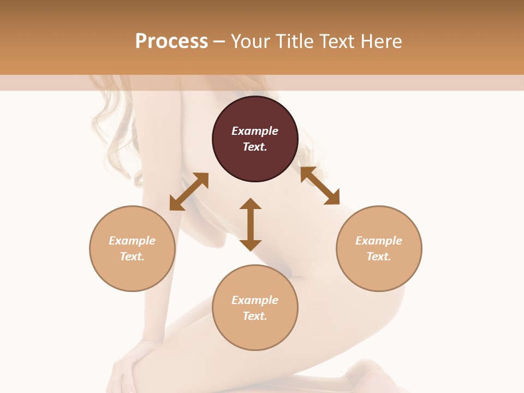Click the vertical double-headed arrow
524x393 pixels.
251,224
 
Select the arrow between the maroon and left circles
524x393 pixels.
189,192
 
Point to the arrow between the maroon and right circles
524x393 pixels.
320,186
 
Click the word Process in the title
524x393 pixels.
171,41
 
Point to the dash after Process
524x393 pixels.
219,41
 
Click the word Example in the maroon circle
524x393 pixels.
255,131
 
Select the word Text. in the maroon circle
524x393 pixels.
255,147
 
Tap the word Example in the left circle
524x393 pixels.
132,241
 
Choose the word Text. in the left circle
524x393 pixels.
132,257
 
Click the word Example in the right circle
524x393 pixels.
379,241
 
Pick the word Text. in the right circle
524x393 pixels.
379,257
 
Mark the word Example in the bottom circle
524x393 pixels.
255,300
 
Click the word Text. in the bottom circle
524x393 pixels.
255,316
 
